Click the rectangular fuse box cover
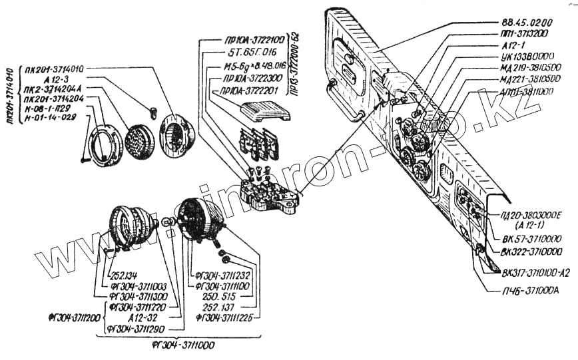point(264,111)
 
